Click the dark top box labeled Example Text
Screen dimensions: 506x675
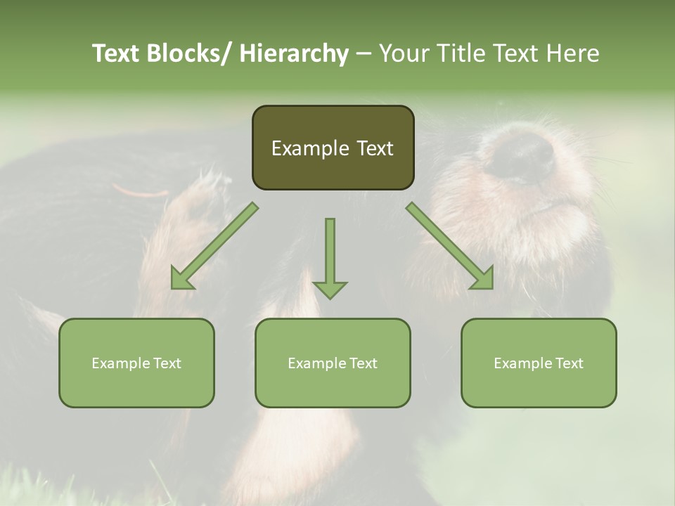(x=333, y=148)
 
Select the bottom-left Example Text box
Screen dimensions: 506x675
(x=136, y=363)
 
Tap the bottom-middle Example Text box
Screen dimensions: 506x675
(x=333, y=363)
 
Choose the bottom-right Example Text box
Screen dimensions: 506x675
(x=539, y=363)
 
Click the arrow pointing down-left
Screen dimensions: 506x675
(x=214, y=246)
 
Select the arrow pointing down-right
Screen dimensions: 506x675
(x=450, y=246)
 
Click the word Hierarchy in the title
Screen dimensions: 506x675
(x=294, y=53)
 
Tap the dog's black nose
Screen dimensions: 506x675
(x=521, y=155)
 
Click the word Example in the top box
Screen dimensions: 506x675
(x=310, y=148)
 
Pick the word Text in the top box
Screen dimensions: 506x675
(x=374, y=148)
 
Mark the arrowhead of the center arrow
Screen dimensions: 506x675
(x=330, y=289)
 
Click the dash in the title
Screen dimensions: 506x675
(x=364, y=53)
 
